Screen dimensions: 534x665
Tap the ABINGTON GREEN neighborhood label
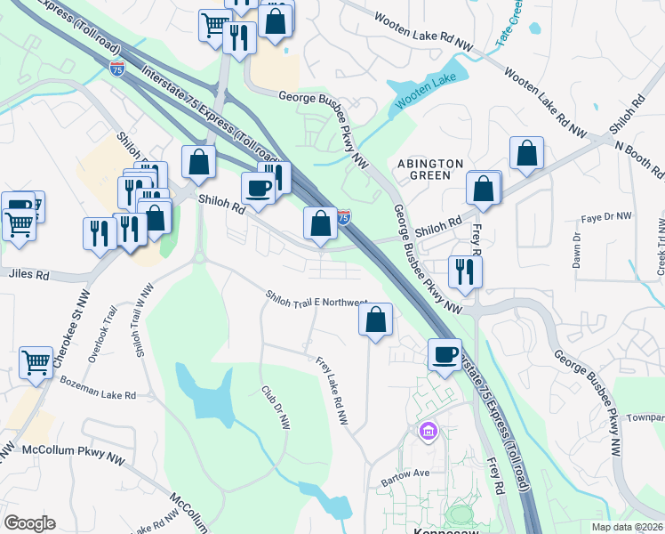430,169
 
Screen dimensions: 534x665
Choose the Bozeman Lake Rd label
98,388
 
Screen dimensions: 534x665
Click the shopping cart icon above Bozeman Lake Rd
36,361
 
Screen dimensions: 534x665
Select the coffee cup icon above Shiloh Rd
258,188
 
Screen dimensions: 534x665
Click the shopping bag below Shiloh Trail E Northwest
376,319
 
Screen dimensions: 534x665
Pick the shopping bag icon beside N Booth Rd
526,152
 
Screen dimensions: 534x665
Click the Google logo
29,523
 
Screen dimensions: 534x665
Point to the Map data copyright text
628,527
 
